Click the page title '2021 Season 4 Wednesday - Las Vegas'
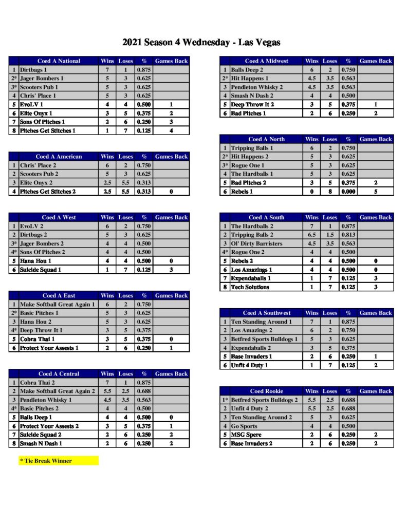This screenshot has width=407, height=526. click(x=201, y=43)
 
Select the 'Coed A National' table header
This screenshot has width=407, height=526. click(x=59, y=61)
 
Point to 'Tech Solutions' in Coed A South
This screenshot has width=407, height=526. click(x=250, y=287)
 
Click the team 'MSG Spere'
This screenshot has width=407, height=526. click(x=246, y=435)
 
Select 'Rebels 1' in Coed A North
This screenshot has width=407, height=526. click(x=242, y=192)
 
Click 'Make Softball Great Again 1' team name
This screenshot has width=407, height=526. click(x=57, y=304)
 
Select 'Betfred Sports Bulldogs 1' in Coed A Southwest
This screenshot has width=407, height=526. click(x=264, y=339)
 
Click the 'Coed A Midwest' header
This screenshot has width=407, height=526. click(x=266, y=61)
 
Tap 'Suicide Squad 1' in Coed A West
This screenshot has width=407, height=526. click(x=41, y=270)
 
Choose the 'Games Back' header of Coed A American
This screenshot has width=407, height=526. click(x=171, y=157)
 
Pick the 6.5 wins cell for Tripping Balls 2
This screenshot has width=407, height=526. click(x=311, y=235)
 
